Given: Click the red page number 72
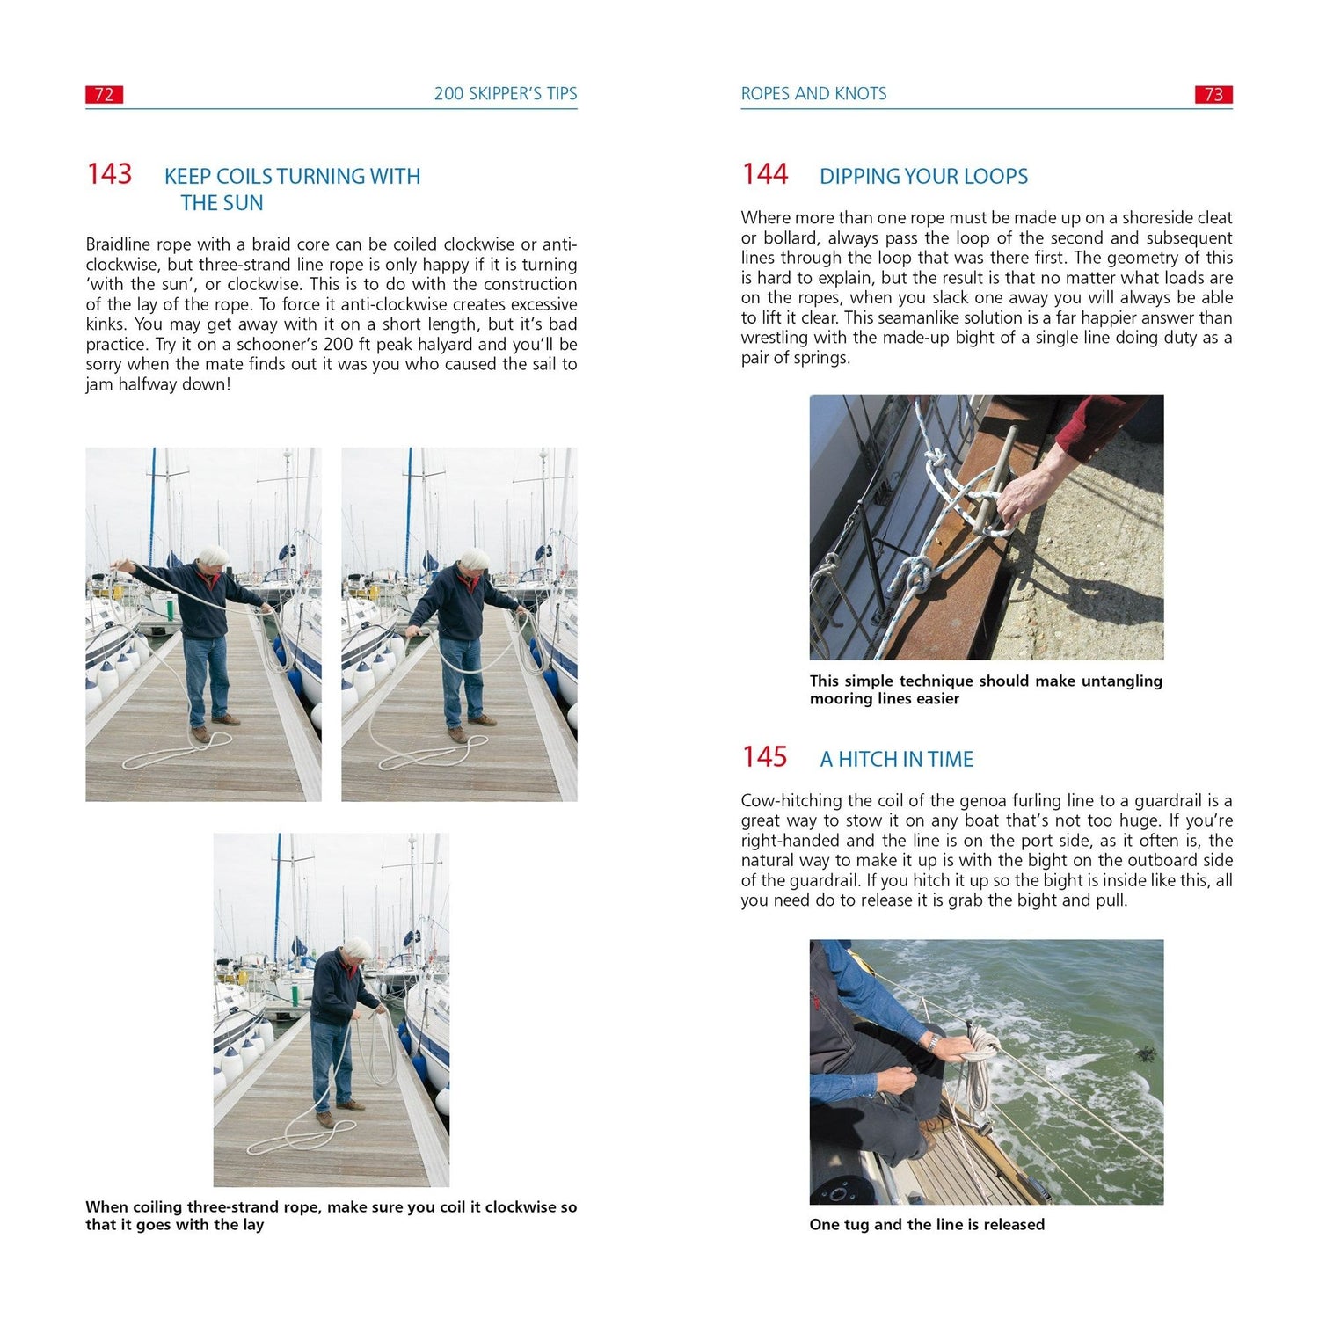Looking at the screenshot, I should coord(104,95).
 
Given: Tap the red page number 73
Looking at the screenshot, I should coord(1213,95).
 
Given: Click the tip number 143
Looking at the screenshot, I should coord(109,174).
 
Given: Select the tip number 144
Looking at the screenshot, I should coord(764,174).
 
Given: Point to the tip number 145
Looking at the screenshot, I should coord(764,757).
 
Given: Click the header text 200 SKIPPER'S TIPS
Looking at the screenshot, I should coord(506,94).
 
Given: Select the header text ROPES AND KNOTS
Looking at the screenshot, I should coord(813,94).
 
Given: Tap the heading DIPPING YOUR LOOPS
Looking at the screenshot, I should coord(923,176).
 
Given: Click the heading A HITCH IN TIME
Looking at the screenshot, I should coord(897,759).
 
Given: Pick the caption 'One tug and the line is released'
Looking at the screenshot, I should coord(927,1225).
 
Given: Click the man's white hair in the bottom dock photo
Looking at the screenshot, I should coord(357,948).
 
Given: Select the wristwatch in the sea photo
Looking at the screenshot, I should coord(935,1044).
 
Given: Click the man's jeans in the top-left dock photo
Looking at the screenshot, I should coord(207,677).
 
